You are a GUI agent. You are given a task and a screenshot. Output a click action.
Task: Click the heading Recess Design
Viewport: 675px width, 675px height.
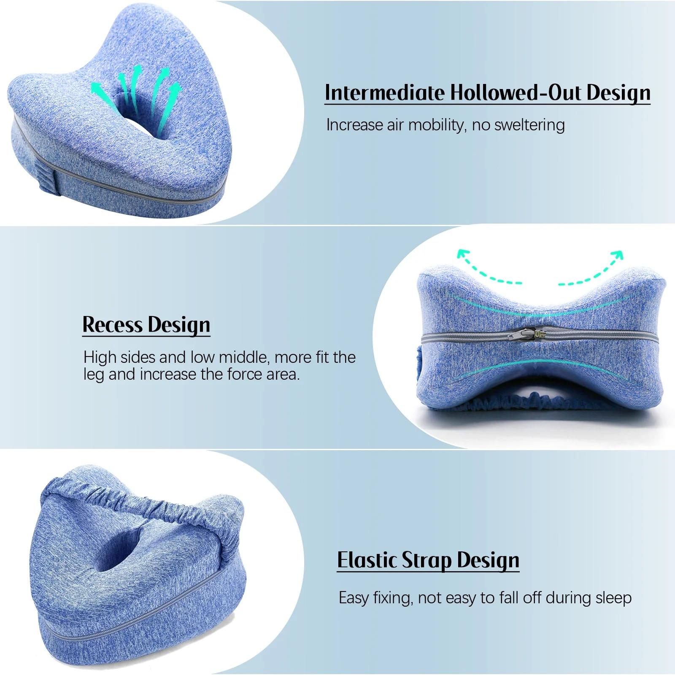pyautogui.click(x=146, y=324)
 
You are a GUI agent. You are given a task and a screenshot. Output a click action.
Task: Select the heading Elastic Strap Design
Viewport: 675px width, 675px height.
pyautogui.click(x=428, y=560)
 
